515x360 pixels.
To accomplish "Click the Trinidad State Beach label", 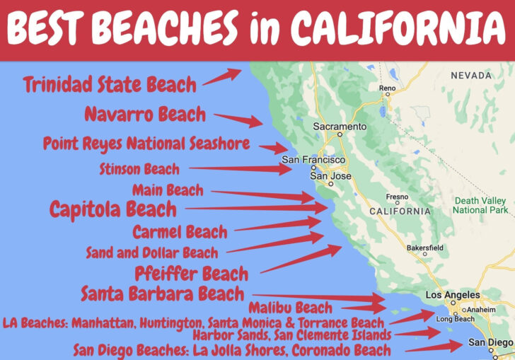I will tap(110, 85).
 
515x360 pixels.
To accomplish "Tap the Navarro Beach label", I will tap(145, 113).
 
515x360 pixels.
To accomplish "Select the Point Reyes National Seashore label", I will tap(146, 144).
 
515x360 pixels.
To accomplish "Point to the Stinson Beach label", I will tap(139, 169).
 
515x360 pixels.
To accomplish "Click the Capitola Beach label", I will tap(112, 209).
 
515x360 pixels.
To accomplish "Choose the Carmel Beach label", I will tap(180, 232).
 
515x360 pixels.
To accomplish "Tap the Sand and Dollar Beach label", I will tap(151, 252).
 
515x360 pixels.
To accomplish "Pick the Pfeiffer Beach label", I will tap(191, 273).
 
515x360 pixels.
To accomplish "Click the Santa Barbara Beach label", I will tap(162, 293).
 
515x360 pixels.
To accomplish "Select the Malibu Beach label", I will tap(290, 308).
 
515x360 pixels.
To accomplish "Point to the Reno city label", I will tap(387, 88).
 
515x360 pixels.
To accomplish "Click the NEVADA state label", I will tap(470, 75).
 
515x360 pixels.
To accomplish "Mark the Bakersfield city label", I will tap(425, 248).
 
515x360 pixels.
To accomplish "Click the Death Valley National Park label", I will tap(480, 205).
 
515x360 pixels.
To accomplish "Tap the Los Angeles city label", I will tap(451, 295).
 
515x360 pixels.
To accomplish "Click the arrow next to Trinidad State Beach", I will tap(222, 77).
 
